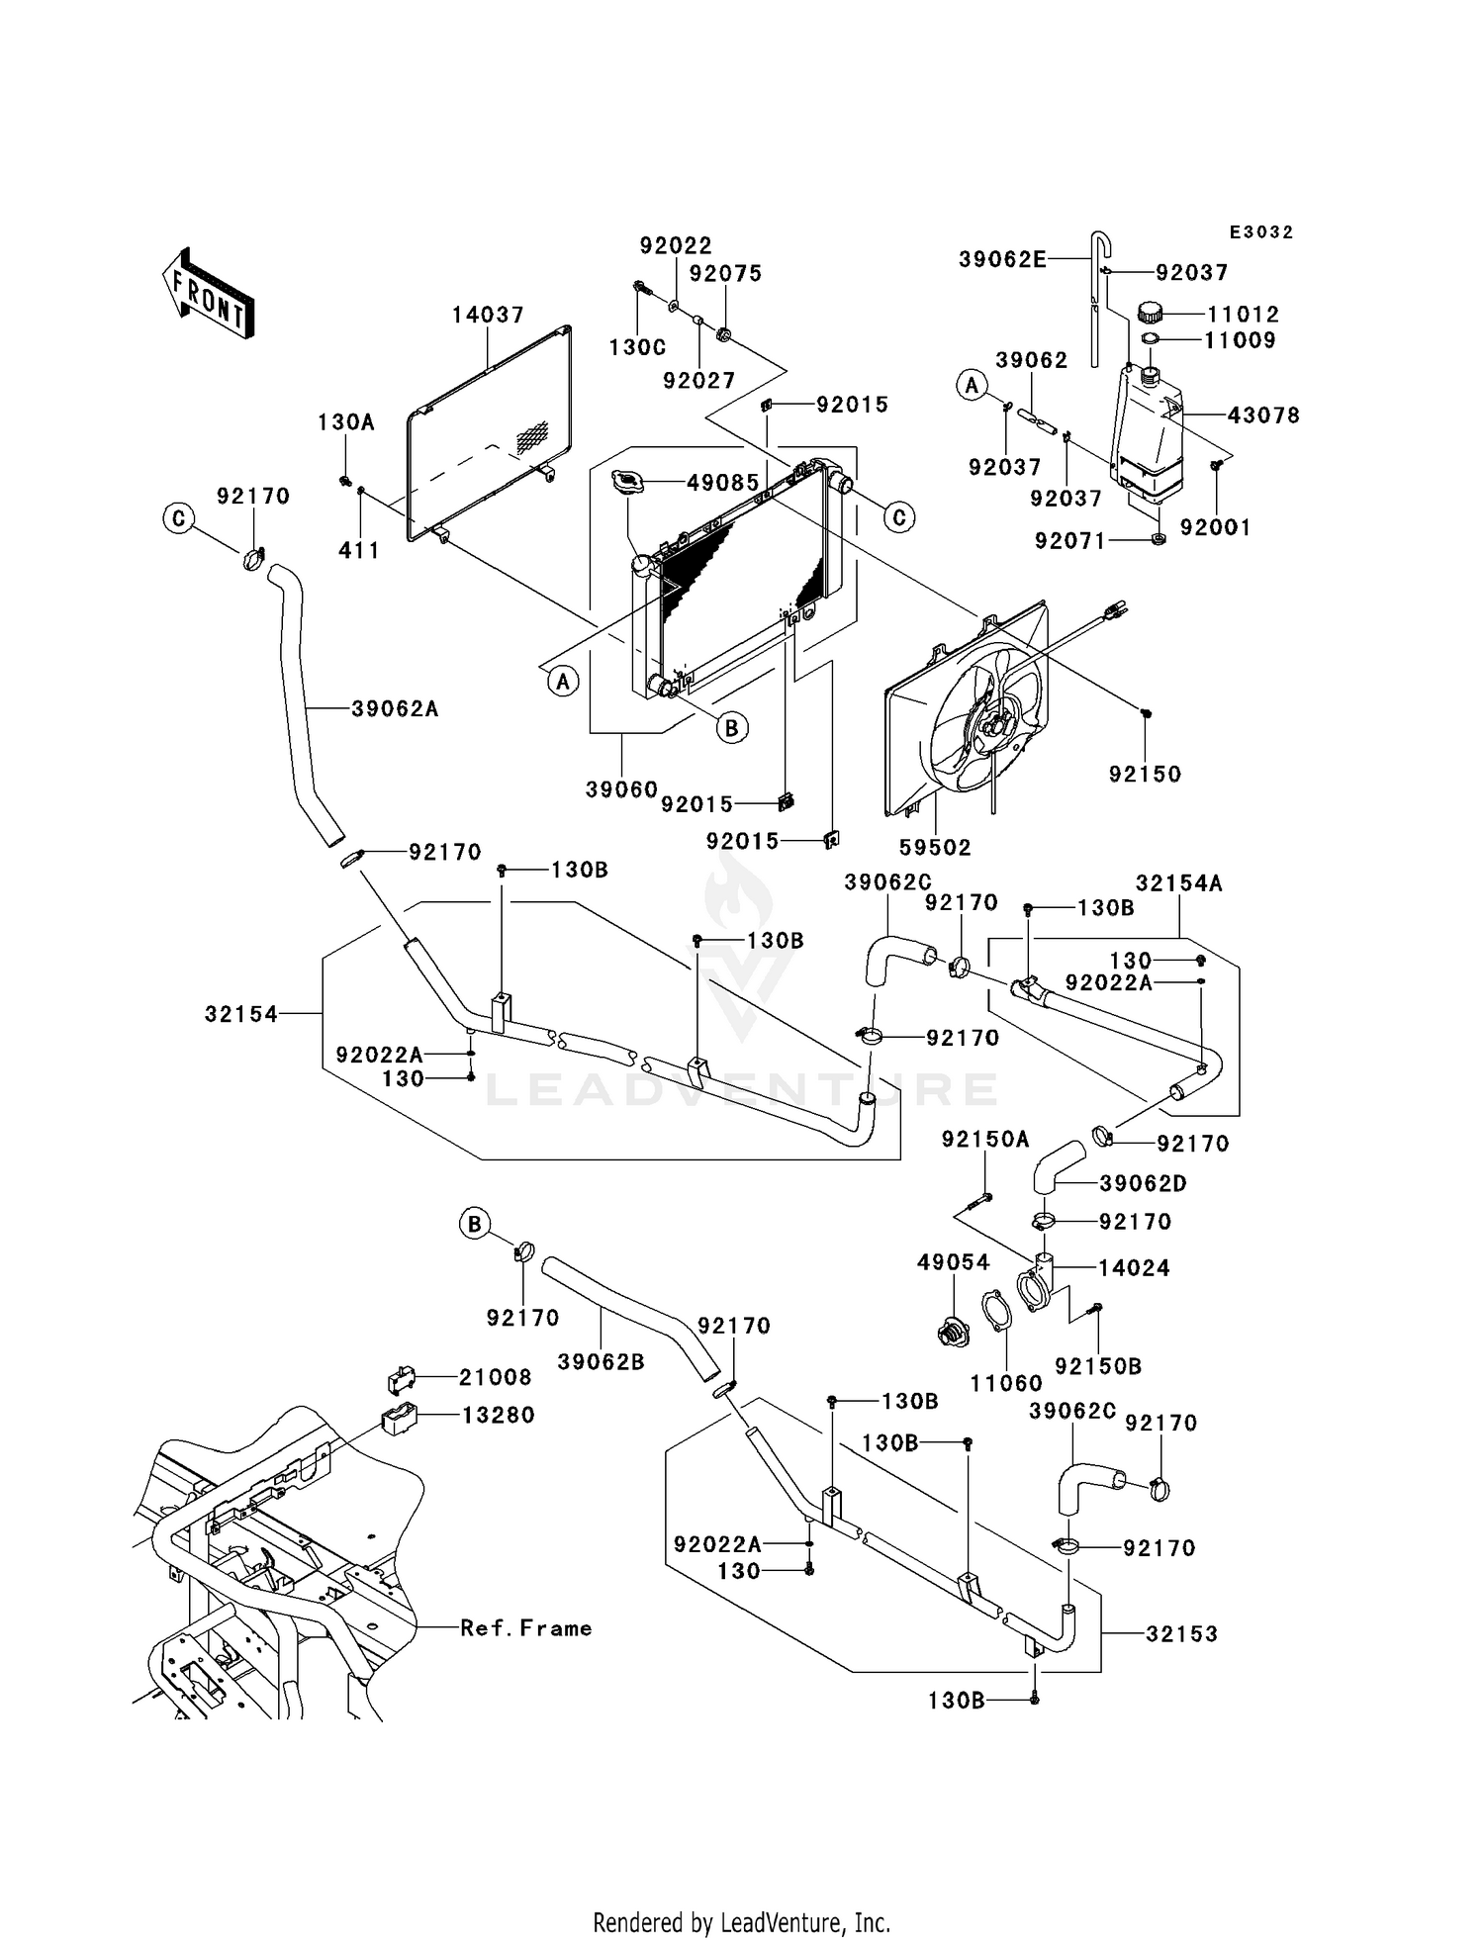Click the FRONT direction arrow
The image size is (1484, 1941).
(x=208, y=294)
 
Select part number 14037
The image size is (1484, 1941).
(x=488, y=315)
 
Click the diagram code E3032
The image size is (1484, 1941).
(x=1260, y=232)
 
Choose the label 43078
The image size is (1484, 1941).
(x=1262, y=416)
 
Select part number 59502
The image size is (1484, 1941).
(x=935, y=847)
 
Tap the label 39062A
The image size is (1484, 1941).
(x=395, y=708)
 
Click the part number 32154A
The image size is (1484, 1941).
(x=1178, y=883)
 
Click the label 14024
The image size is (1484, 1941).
(x=1134, y=1268)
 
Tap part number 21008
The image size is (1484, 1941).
(x=495, y=1377)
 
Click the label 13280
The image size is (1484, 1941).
(x=498, y=1415)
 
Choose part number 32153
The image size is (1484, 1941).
(x=1181, y=1634)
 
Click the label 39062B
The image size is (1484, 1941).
(x=601, y=1361)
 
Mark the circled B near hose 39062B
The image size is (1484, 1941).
(x=475, y=1225)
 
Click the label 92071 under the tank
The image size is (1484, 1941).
(x=1069, y=541)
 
